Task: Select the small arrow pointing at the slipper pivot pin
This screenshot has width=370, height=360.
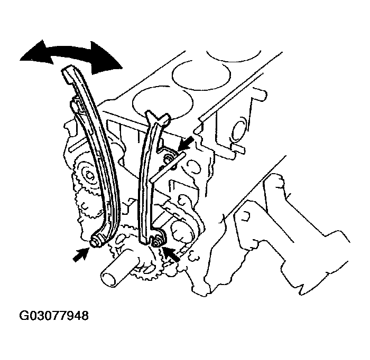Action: point(80,254)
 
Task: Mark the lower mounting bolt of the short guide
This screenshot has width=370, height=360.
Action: point(156,241)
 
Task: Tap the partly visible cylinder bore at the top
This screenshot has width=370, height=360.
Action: point(227,53)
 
